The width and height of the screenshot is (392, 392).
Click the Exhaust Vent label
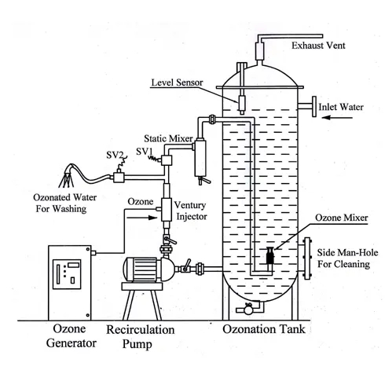pos(318,46)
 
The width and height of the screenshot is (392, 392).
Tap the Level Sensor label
pos(177,82)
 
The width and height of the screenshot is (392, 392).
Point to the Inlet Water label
pos(341,107)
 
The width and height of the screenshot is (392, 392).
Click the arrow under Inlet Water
pos(337,118)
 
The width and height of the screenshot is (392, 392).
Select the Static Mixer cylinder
pos(200,158)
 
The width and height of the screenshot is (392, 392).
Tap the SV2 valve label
pos(115,155)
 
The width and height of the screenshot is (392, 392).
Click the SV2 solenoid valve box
pos(119,178)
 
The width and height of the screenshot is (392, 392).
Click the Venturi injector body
pos(167,210)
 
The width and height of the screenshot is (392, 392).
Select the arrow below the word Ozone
pos(141,218)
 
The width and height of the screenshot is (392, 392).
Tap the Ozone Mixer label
pos(342,218)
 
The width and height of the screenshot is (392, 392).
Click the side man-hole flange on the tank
pos(306,258)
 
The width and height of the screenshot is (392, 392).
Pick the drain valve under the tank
pos(247,310)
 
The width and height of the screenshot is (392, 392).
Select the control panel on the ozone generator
pos(67,274)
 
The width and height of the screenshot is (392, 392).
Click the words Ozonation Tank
pos(264,329)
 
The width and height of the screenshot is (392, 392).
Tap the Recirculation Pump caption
pos(140,337)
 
